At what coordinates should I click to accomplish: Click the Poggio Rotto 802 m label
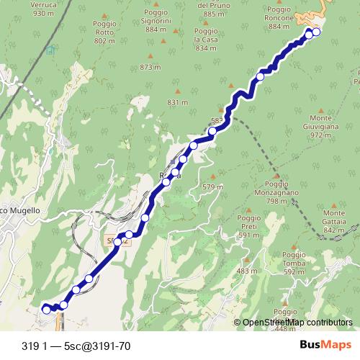(x=104, y=32)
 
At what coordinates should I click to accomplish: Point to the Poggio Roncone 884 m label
(x=279, y=17)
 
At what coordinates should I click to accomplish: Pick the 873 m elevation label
(x=149, y=67)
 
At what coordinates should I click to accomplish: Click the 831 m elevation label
(x=177, y=103)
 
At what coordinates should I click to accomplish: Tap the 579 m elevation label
(x=210, y=187)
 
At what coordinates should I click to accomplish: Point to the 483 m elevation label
(x=246, y=271)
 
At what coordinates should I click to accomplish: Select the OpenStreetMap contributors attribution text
(x=297, y=323)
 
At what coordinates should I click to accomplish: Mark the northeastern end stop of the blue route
(x=316, y=32)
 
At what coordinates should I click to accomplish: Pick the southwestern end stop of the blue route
(x=48, y=309)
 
